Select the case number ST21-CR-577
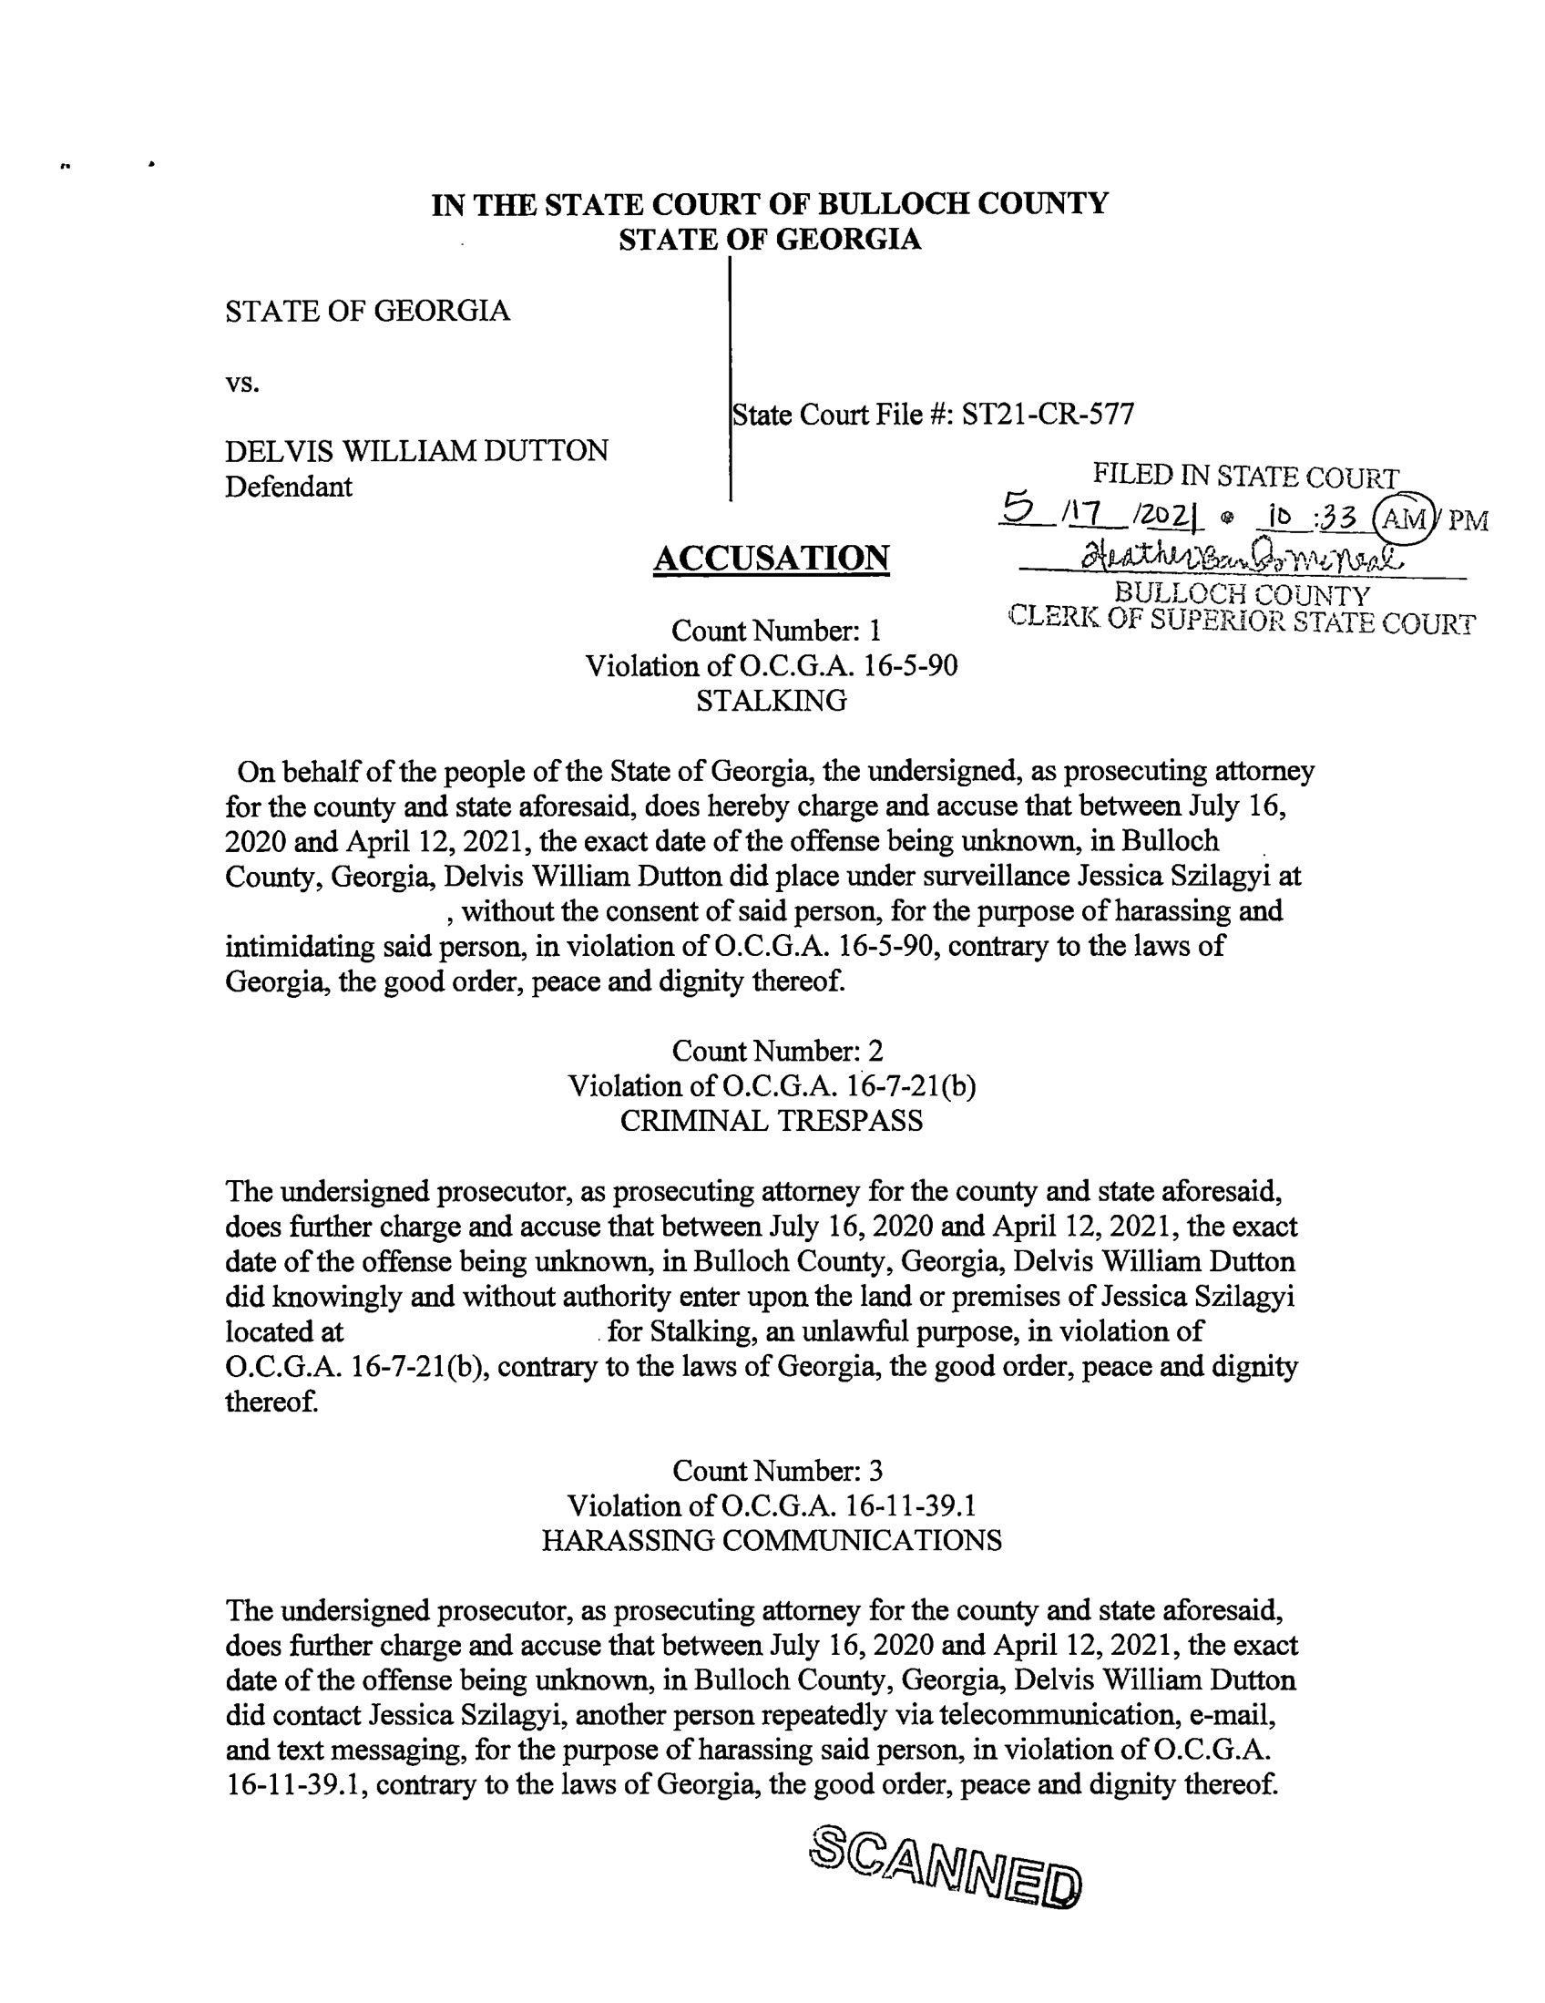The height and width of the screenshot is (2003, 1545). click(1047, 415)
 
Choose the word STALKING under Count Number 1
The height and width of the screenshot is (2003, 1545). click(771, 701)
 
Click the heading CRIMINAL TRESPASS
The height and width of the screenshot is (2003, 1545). click(771, 1121)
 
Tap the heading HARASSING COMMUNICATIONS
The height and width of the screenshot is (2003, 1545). click(771, 1540)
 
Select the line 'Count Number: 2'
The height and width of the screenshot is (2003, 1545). click(777, 1050)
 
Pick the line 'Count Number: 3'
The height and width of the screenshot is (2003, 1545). click(777, 1470)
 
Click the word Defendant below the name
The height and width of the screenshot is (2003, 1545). click(288, 486)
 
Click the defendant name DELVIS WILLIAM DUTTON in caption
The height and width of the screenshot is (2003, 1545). click(416, 450)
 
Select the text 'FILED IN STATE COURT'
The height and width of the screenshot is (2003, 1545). click(1244, 477)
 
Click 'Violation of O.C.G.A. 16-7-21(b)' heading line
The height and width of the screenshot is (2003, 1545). click(771, 1086)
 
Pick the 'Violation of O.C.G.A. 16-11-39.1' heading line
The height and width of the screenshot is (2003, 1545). click(771, 1505)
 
